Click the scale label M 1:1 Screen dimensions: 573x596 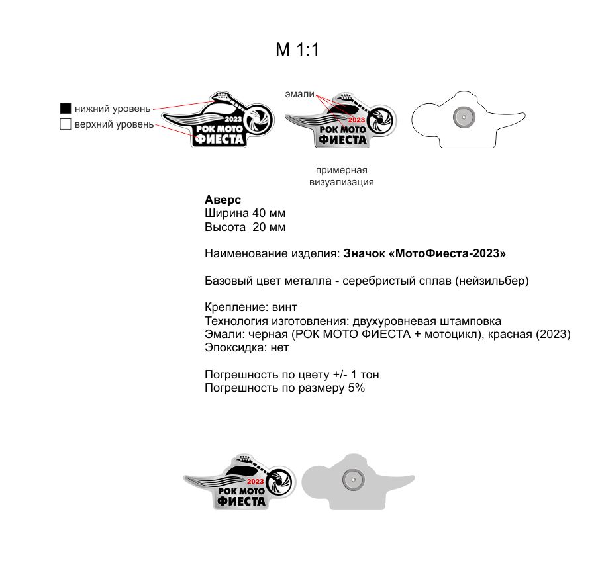tap(297, 50)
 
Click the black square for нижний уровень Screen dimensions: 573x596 tap(65, 108)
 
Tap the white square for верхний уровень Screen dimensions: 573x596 tap(65, 124)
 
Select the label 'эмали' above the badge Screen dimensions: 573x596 tap(300, 95)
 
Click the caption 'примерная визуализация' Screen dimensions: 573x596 tap(341, 176)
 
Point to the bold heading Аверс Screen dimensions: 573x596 tap(223, 200)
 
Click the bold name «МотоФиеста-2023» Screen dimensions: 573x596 tap(425, 253)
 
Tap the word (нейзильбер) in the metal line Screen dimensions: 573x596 tap(492, 281)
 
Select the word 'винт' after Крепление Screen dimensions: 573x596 tap(285, 307)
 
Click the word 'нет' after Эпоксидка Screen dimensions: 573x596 tap(280, 347)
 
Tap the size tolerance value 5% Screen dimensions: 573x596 tap(356, 388)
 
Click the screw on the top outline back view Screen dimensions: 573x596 tap(463, 117)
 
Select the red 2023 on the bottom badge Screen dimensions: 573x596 tap(256, 481)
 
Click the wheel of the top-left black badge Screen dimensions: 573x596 tap(254, 119)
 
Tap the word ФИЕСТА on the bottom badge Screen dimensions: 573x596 tap(242, 501)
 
